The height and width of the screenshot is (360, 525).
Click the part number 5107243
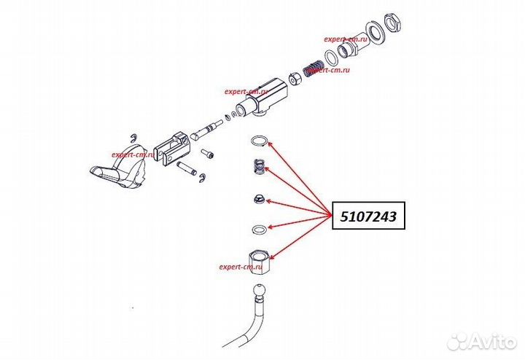(368, 216)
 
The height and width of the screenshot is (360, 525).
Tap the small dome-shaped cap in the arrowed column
(258, 199)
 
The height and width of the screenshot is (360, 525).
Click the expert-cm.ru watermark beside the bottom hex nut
(240, 267)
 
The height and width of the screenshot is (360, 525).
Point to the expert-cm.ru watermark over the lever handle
(133, 154)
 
